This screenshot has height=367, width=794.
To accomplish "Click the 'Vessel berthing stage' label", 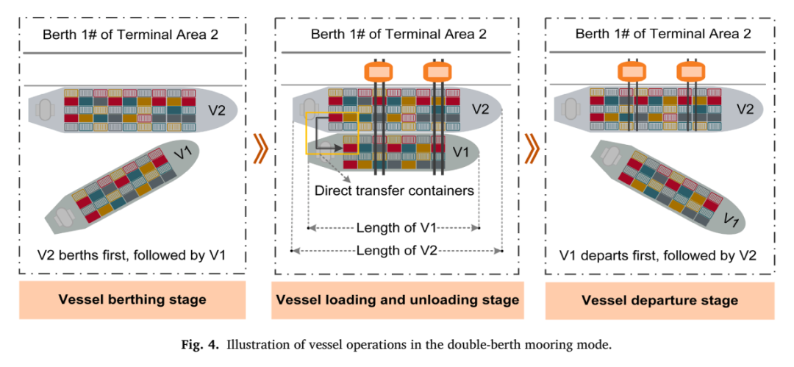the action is click(x=132, y=299).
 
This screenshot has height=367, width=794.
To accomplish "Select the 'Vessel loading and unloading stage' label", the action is click(x=397, y=299).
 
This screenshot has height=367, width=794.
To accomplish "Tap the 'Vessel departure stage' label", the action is click(x=659, y=300).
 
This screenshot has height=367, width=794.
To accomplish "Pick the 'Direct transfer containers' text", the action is click(x=394, y=191).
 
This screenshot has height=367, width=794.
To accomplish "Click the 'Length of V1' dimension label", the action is click(x=396, y=227).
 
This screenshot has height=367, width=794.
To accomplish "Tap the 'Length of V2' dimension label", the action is click(x=396, y=250).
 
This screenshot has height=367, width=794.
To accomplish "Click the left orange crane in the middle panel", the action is click(x=379, y=71).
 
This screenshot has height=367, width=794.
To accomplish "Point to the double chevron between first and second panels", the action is click(x=260, y=149).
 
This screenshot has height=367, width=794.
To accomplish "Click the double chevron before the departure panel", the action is click(x=532, y=149).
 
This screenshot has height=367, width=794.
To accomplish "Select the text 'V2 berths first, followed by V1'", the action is click(x=132, y=255).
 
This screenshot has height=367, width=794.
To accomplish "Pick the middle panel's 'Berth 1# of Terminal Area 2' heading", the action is click(x=398, y=35).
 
